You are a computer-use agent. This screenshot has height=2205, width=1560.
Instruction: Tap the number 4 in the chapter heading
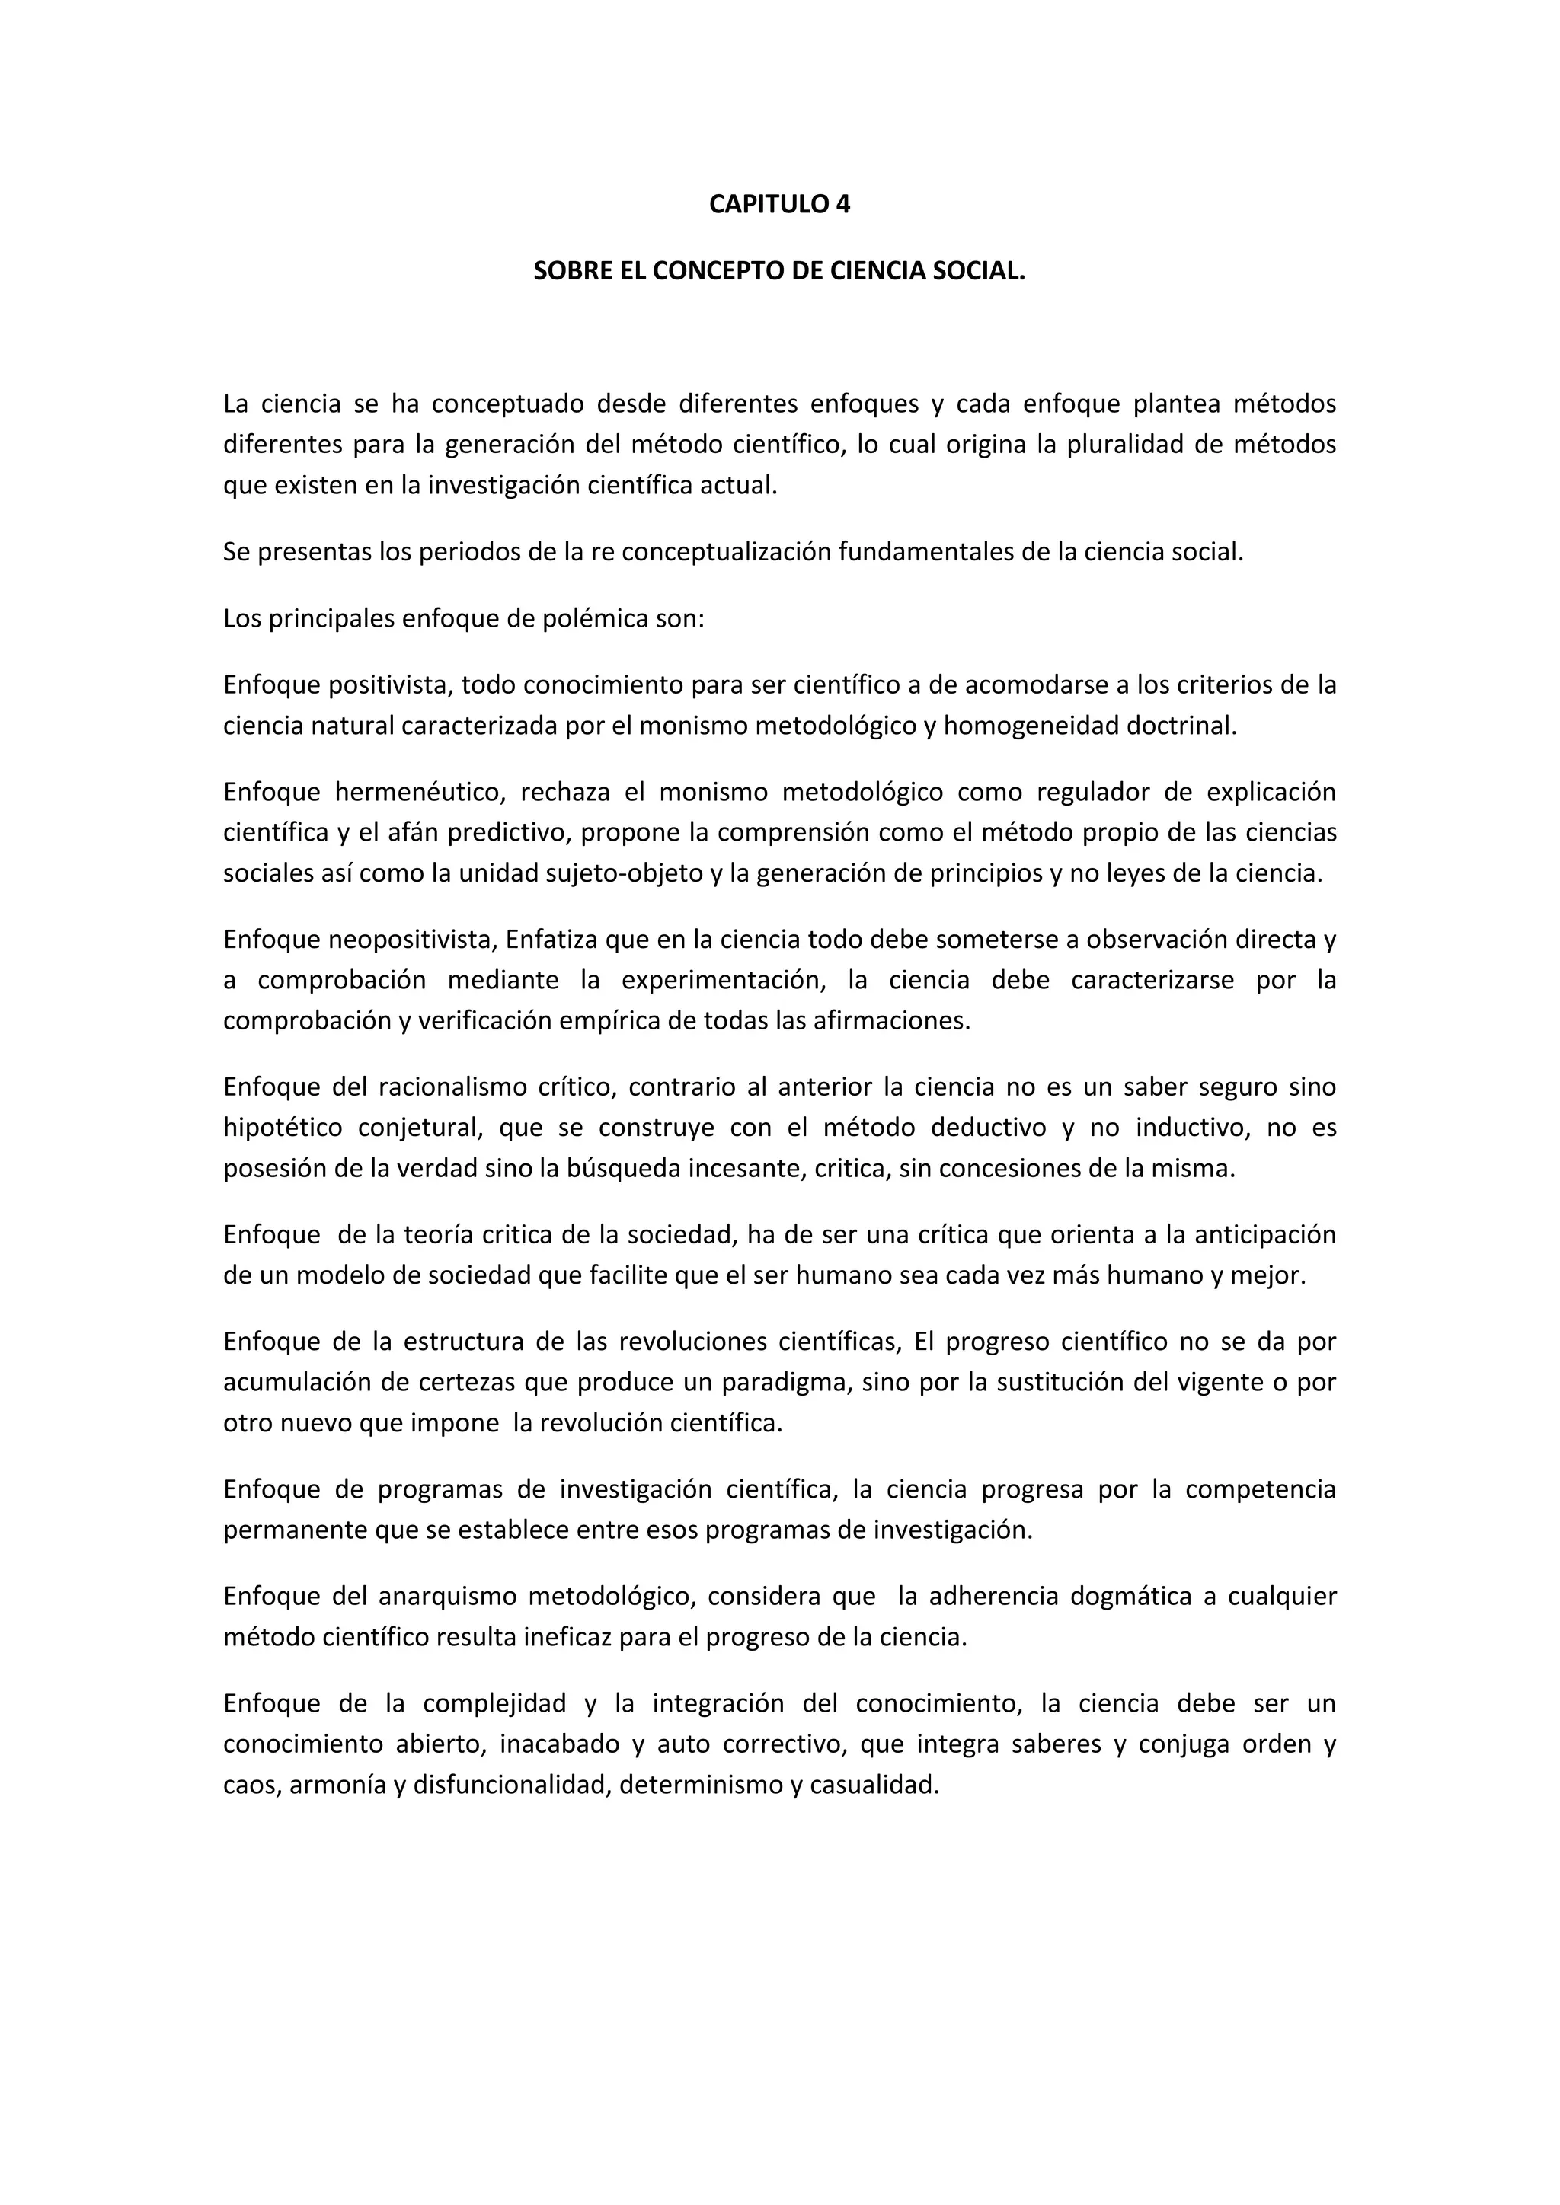tap(842, 205)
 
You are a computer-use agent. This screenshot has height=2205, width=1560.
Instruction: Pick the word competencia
tap(1261, 1489)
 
